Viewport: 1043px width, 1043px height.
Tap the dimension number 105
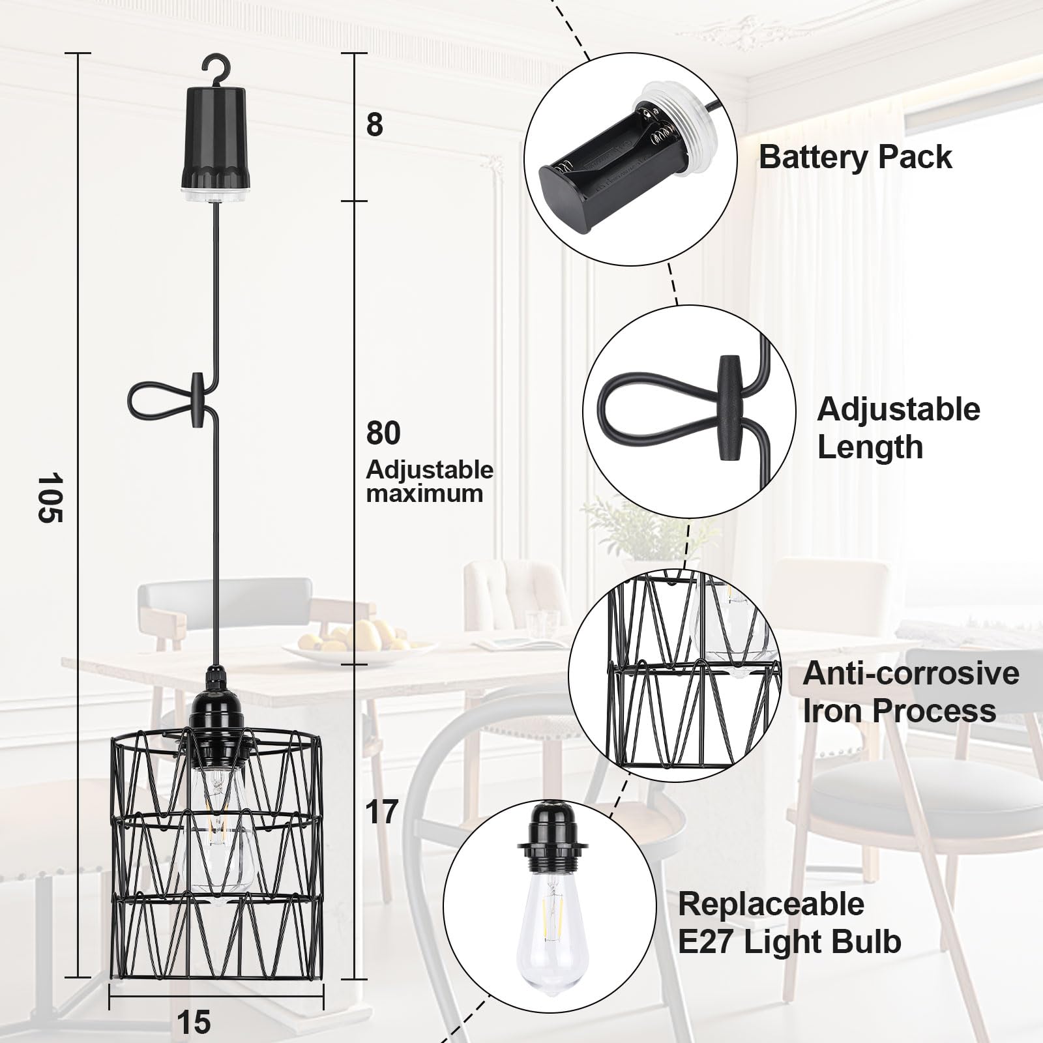coord(48,497)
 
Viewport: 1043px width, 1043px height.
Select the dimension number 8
coord(374,125)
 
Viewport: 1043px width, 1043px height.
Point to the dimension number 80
coord(383,433)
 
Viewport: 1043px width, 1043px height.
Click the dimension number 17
coord(382,812)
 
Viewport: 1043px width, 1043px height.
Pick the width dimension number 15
coord(194,1021)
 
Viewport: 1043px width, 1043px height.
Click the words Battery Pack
coord(855,158)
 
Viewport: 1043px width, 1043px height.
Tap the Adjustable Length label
coord(898,428)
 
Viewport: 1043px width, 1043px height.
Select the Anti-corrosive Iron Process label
coord(911,692)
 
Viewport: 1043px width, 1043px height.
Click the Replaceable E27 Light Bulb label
coord(789,922)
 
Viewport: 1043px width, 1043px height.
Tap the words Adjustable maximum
coord(430,482)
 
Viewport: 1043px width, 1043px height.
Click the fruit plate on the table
coord(355,637)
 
